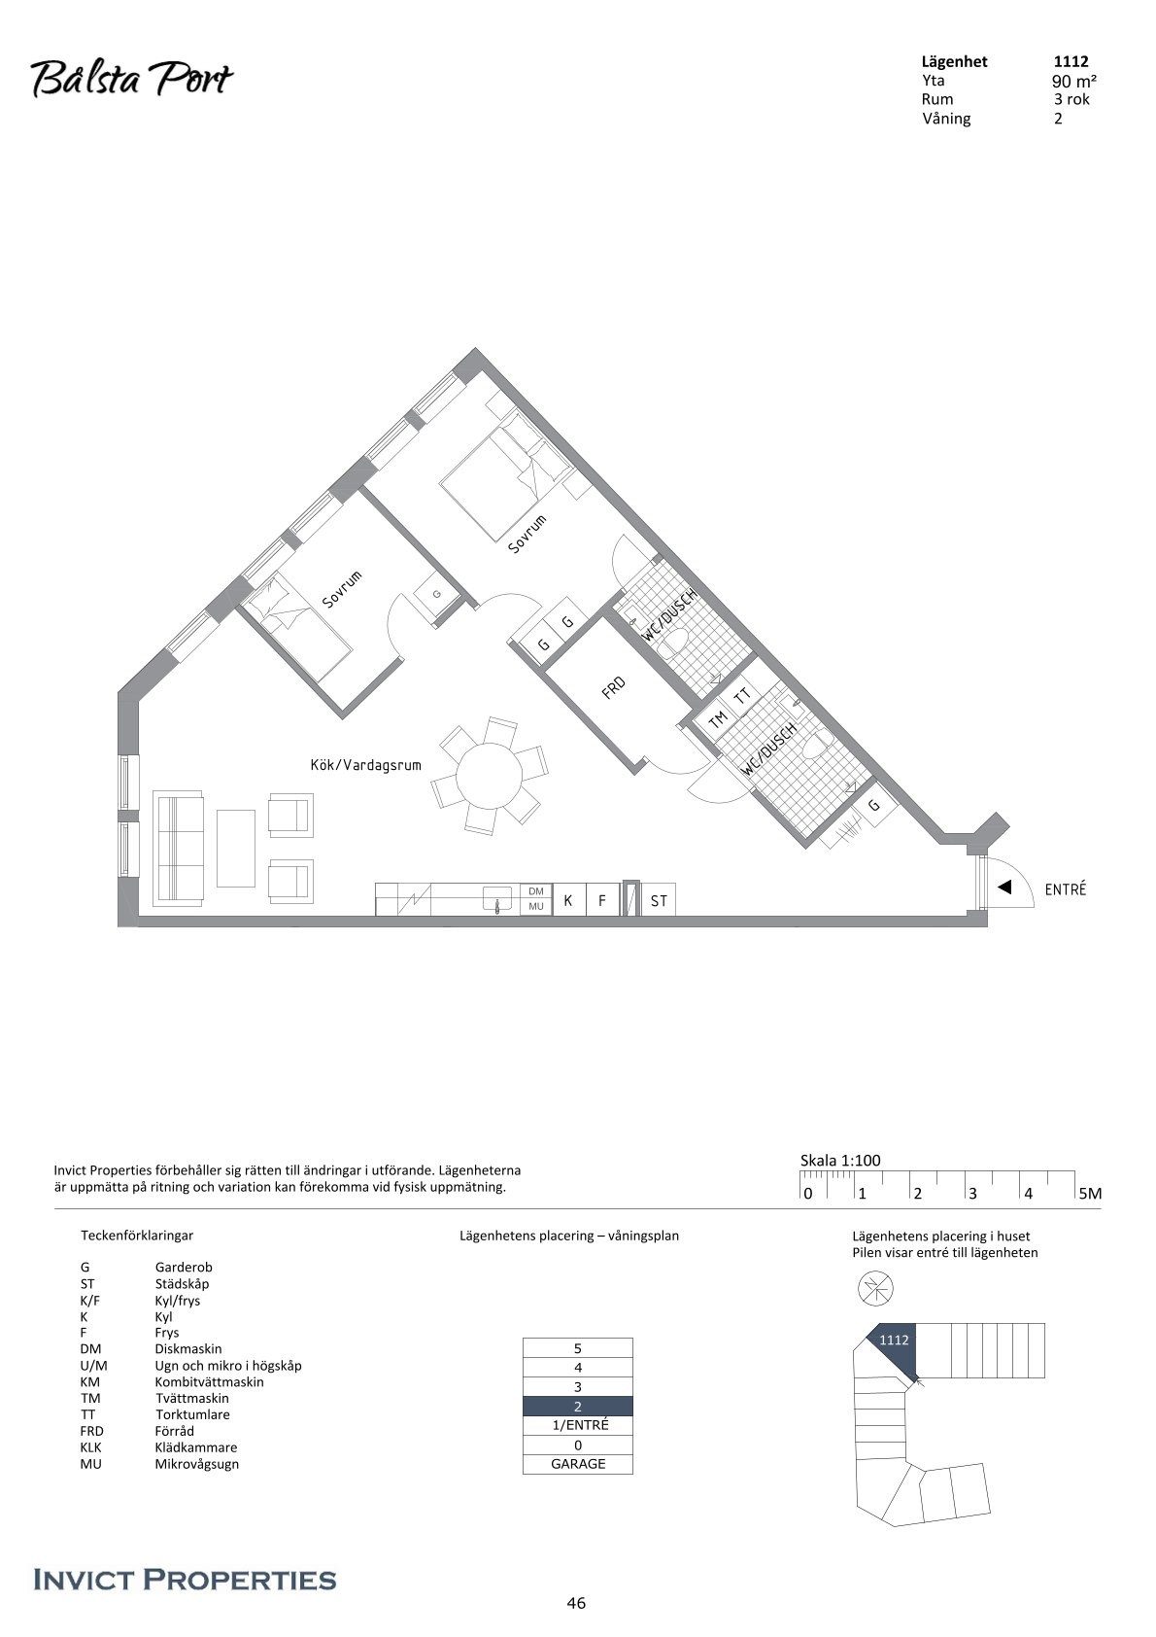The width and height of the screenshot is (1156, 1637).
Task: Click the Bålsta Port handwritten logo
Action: pos(131,80)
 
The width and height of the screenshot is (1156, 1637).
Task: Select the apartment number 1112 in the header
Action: pos(1071,62)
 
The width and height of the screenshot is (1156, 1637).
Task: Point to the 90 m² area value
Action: pos(1074,81)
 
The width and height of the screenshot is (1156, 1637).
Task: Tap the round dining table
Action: pos(490,775)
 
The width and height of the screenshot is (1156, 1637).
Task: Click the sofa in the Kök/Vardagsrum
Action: pos(178,848)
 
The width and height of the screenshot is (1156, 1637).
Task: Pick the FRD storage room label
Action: pos(613,687)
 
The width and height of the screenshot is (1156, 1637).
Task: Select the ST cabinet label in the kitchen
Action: pos(659,901)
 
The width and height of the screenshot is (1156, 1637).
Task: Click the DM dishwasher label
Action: pos(536,891)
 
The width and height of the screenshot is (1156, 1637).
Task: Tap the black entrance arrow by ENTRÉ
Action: pos(1004,888)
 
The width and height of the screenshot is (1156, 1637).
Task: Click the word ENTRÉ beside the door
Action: pos(1066,889)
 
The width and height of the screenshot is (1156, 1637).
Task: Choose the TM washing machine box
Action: pos(718,719)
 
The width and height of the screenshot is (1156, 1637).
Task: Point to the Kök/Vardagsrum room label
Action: pos(366,765)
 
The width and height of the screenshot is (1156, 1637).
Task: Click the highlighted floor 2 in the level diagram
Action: pos(578,1406)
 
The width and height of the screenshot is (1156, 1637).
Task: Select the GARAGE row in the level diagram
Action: pos(578,1464)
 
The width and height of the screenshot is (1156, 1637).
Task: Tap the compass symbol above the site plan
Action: pos(875,1287)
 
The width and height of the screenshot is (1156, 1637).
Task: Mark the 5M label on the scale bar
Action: pos(1090,1194)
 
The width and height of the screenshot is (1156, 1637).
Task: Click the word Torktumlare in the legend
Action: pos(192,1414)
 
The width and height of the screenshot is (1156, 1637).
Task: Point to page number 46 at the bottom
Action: pos(576,1603)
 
